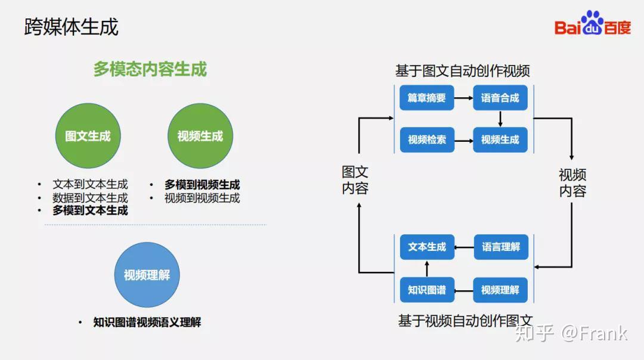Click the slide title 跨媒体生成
tap(71, 27)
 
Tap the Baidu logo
tap(592, 23)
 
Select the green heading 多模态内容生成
tap(150, 69)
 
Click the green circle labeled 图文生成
tap(88, 136)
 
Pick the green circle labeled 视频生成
tap(200, 136)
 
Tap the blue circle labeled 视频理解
tap(147, 275)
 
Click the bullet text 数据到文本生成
tap(91, 198)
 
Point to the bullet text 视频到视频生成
tap(202, 198)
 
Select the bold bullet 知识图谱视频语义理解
tap(147, 322)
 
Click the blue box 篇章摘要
tap(427, 98)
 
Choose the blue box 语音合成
tap(500, 98)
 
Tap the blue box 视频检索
tap(427, 140)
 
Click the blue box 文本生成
tap(427, 247)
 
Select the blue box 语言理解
tap(501, 247)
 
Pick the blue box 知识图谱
tap(427, 290)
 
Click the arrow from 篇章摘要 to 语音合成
tap(464, 98)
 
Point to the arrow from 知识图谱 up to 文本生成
tap(427, 268)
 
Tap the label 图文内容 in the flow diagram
tap(355, 180)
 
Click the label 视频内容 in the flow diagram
tap(572, 182)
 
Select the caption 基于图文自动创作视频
tap(463, 71)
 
